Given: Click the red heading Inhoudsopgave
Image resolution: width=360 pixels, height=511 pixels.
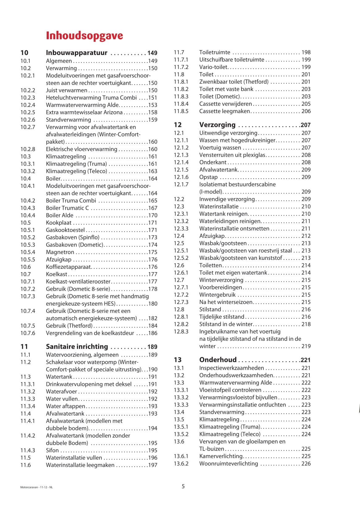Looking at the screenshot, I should pos(84,36).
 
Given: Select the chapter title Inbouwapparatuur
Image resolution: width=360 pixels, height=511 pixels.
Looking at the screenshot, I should pos(77,53).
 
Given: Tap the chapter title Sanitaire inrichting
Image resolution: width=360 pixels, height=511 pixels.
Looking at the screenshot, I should pos(77,347).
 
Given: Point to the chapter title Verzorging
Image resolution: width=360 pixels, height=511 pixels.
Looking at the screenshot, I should pos(217,125).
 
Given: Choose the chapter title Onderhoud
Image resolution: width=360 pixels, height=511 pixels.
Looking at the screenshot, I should pos(218,360).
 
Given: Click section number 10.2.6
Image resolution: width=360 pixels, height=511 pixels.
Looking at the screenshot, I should pos(28,120).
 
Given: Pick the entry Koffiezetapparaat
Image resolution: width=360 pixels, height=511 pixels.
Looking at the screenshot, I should pos(69,267).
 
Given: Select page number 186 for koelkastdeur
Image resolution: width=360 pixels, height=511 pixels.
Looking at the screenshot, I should pos(153,333).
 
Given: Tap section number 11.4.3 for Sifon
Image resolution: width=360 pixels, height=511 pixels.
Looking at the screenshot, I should pos(28,450).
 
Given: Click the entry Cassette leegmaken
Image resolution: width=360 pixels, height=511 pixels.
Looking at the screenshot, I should pos(224,111).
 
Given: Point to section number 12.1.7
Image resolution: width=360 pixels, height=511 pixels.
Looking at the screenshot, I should pos(181,184).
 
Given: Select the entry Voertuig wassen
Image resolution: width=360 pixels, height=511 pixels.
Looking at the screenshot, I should pos(220,148).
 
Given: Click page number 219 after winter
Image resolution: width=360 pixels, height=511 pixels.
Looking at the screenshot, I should pos(306,346).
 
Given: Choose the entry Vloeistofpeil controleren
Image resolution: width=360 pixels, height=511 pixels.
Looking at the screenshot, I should pos(230,390).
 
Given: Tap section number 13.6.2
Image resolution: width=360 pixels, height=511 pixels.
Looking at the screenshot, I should pos(181,464).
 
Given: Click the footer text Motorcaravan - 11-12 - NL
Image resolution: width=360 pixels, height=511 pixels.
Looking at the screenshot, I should pos(36,487).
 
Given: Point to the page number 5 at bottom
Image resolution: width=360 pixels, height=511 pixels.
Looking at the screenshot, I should pos(183,486).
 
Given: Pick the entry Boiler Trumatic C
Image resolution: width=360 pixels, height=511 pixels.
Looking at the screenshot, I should pos(67,208).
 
